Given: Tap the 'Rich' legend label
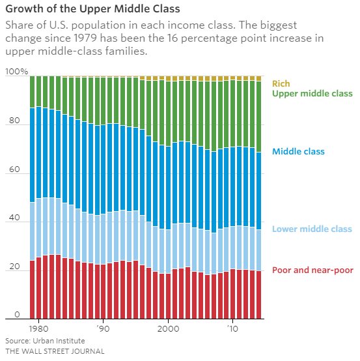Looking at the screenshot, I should tap(281, 83).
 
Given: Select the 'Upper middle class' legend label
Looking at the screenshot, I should tap(312, 94).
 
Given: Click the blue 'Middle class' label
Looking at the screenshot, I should tap(298, 152).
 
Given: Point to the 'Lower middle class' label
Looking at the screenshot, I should tap(312, 229).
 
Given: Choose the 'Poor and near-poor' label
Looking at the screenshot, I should tap(312, 270).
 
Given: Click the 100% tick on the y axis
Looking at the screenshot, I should tap(16, 71).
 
